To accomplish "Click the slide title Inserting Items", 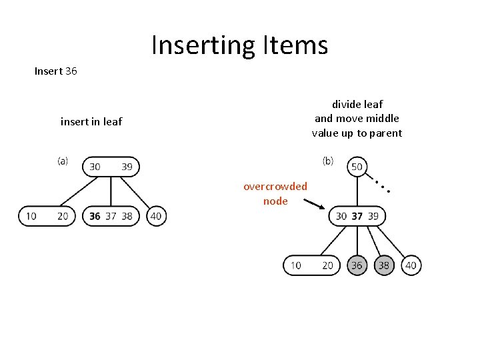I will pyautogui.click(x=239, y=45).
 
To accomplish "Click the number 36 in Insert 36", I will pyautogui.click(x=71, y=71).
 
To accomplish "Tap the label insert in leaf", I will pyautogui.click(x=91, y=121).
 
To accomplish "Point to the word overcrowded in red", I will pyautogui.click(x=275, y=186).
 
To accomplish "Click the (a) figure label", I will pyautogui.click(x=63, y=161).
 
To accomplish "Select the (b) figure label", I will pyautogui.click(x=328, y=161).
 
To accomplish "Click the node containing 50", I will pyautogui.click(x=357, y=167).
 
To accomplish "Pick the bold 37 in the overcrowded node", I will pyautogui.click(x=357, y=216).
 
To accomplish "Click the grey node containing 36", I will pyautogui.click(x=357, y=265).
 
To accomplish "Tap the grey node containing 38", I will pyautogui.click(x=384, y=265).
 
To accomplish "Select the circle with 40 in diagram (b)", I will pyautogui.click(x=411, y=265).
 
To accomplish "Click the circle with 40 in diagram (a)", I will pyautogui.click(x=156, y=216).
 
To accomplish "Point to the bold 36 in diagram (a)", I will pyautogui.click(x=95, y=216).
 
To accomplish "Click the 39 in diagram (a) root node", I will pyautogui.click(x=127, y=167).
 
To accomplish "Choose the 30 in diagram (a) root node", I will pyautogui.click(x=95, y=167).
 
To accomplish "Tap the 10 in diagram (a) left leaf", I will pyautogui.click(x=31, y=216).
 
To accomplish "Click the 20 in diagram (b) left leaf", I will pyautogui.click(x=327, y=265).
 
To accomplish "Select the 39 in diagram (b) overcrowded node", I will pyautogui.click(x=373, y=216).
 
